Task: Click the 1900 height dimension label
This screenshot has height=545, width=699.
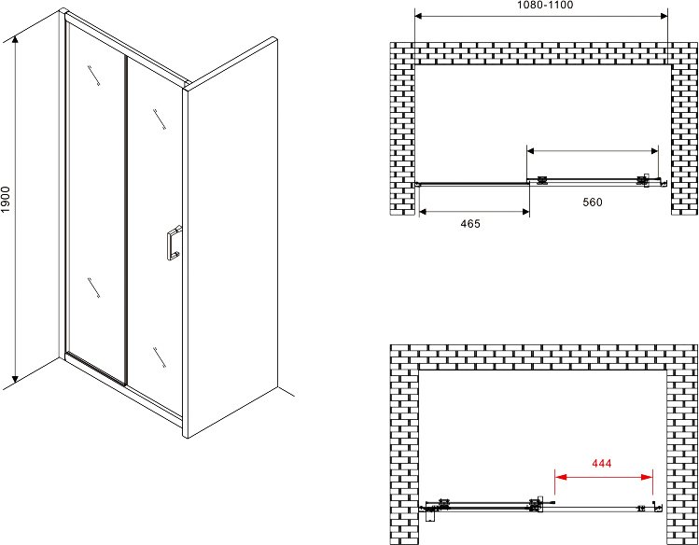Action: coord(6,199)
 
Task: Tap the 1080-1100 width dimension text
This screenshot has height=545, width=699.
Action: coord(545,5)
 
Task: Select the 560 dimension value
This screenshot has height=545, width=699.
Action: coord(593,202)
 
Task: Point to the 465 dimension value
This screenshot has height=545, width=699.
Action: coord(470,223)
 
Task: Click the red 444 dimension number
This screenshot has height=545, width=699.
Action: coord(601,464)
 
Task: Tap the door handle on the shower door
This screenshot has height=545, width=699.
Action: coord(174,243)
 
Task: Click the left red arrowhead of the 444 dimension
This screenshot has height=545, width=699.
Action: coord(560,477)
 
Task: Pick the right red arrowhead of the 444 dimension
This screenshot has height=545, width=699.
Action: coord(647,477)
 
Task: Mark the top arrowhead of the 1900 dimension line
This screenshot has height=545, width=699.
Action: coord(15,40)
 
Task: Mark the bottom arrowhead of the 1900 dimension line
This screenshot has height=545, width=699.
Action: coord(15,378)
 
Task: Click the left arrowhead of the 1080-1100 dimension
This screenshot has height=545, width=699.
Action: coord(420,16)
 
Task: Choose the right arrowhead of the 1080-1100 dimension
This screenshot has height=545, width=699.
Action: coord(663,16)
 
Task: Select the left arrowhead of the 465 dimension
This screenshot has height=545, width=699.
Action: coord(425,212)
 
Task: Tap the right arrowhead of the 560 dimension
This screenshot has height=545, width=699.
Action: coord(653,150)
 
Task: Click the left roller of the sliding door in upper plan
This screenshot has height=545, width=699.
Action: coord(542,180)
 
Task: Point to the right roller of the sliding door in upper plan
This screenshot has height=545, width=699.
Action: coord(642,180)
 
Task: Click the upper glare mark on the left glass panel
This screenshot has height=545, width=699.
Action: coord(93,75)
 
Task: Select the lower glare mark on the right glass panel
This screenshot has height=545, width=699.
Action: coord(160,357)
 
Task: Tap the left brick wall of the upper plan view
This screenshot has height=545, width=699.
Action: coord(402,129)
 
